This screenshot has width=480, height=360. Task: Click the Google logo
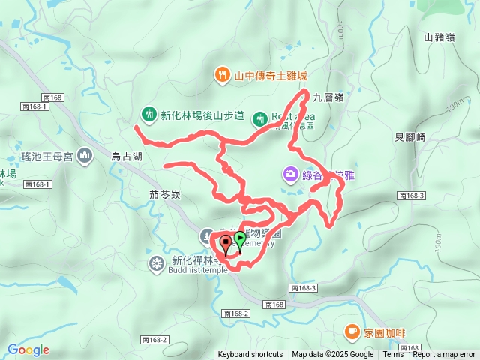[x=28, y=349]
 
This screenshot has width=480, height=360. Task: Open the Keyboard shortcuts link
[x=250, y=355]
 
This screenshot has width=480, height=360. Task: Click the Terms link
[x=394, y=355]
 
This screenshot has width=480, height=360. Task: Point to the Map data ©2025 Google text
[x=333, y=355]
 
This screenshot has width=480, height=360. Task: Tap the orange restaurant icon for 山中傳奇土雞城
[x=223, y=75]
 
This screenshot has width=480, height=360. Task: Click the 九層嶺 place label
[x=328, y=97]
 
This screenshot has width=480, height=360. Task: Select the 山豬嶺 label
[x=439, y=37]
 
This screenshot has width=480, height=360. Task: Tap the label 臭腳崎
[x=410, y=137]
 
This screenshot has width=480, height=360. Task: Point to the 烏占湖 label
[x=126, y=157]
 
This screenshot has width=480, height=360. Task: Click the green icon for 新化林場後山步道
[x=148, y=115]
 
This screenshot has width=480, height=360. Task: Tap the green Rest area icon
[x=259, y=117]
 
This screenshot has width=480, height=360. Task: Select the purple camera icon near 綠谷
[x=290, y=175]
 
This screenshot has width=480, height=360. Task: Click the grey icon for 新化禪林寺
[x=156, y=263]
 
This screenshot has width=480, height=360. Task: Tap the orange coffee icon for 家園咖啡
[x=352, y=331]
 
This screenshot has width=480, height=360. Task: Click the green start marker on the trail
[x=240, y=239]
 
